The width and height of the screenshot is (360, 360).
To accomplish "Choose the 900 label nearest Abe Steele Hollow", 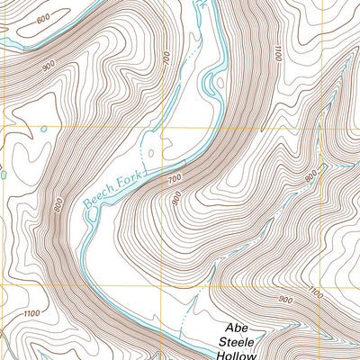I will point(285,300).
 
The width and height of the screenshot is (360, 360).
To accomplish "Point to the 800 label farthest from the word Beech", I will point(311,178).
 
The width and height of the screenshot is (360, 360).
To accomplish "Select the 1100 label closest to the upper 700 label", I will point(274,53).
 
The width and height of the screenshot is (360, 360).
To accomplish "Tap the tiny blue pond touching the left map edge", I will point(3,174).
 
